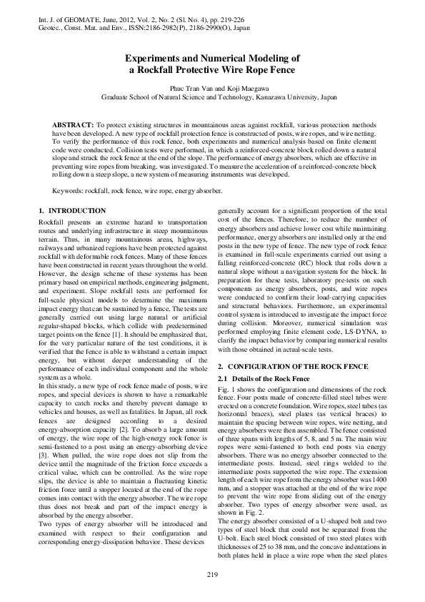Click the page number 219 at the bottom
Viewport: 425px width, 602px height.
(211, 575)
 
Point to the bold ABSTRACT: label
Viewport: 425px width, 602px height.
(75, 124)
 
